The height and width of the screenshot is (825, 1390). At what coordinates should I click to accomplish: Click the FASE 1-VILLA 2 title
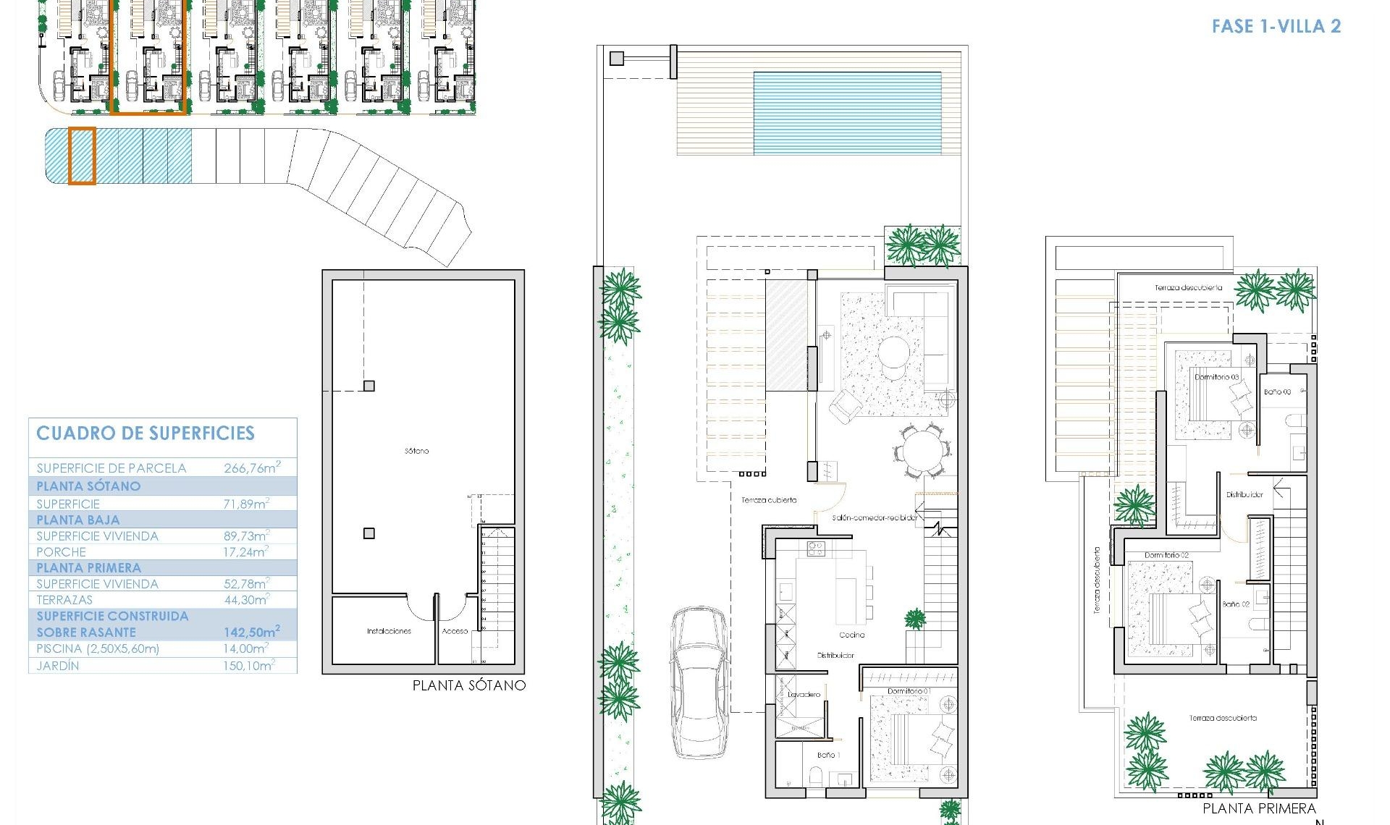(1276, 27)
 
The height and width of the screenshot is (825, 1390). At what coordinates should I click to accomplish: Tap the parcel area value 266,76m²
(251, 468)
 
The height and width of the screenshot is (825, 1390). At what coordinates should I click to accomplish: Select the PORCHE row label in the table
(62, 552)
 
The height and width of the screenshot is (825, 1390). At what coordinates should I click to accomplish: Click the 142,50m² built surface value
(251, 632)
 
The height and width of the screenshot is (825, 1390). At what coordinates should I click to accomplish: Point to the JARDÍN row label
(58, 666)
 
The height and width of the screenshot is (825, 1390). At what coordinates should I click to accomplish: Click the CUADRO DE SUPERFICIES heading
(146, 433)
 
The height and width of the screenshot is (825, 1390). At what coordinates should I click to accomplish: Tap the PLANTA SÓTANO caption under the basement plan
(468, 685)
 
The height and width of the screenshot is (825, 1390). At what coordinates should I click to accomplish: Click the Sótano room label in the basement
(416, 451)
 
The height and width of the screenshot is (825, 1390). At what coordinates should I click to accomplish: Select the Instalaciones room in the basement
(389, 631)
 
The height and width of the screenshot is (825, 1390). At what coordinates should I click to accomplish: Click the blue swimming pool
(847, 113)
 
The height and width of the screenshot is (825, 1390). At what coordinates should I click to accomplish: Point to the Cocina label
(852, 635)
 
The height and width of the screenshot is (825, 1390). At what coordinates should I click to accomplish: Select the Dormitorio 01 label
(909, 691)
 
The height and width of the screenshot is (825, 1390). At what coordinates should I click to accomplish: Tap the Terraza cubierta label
(769, 500)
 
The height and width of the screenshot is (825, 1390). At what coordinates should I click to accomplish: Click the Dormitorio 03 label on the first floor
(1216, 377)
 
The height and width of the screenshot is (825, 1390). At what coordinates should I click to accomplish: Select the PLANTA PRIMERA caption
(1259, 808)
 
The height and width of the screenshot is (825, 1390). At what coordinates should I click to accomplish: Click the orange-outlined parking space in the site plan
(82, 156)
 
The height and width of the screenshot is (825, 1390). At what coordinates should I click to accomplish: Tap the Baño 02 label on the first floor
(1236, 604)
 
